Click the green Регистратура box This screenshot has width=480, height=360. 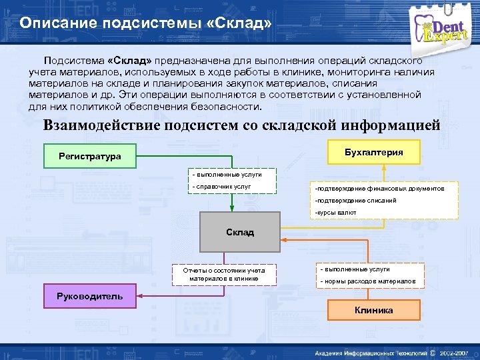click(89, 156)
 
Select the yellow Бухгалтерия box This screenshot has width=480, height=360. click(373, 152)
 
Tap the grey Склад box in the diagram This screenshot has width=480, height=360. click(240, 232)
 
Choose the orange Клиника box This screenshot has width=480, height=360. click(373, 310)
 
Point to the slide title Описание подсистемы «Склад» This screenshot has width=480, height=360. click(145, 23)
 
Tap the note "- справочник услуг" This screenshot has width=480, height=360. click(221, 187)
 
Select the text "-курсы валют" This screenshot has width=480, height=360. click(336, 212)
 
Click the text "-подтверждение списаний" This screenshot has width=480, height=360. click(355, 200)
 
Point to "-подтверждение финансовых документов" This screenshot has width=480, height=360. click(379, 189)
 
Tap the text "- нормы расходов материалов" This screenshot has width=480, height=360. click(368, 281)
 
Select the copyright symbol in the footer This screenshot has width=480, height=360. click(433, 353)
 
